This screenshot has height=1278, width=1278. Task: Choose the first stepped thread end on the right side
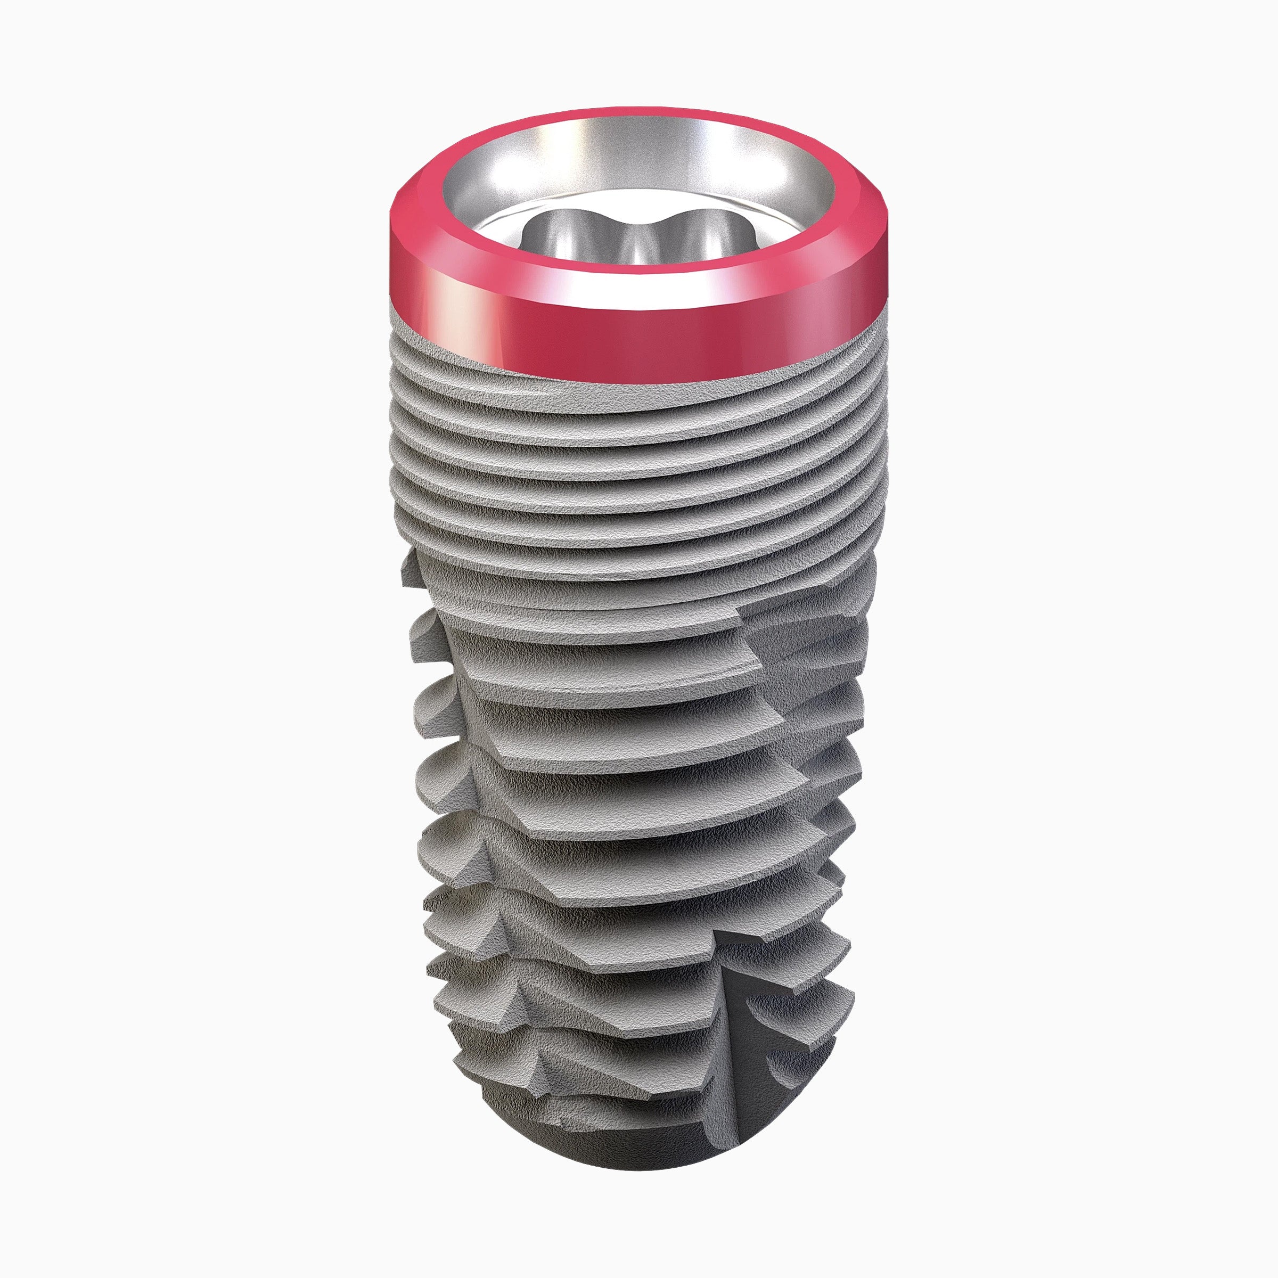coord(748,622)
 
